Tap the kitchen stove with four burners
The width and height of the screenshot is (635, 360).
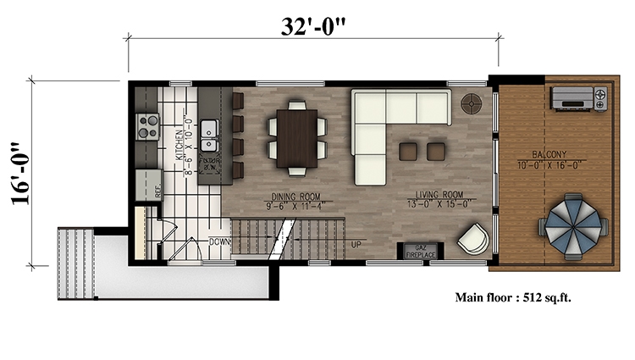(148, 126)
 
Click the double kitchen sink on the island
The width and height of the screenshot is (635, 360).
(210, 133)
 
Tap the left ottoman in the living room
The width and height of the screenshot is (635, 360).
(409, 151)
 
